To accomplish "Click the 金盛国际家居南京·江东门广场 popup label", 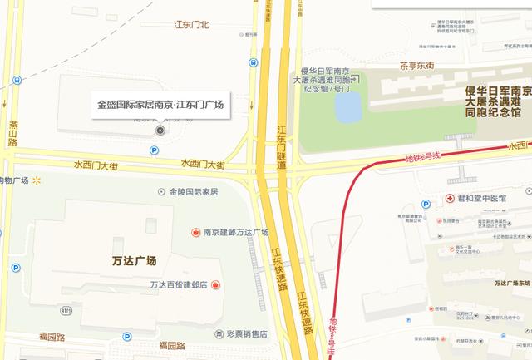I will pos(160,106).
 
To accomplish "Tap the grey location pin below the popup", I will pos(160,131).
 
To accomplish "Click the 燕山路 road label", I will pos(12,131).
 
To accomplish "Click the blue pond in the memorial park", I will pos(347,107).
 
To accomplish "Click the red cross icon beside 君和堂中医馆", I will pos(450,200).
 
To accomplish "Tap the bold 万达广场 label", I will pos(134,261).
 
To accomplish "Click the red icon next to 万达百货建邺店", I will pos(215,285).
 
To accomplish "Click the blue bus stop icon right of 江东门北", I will pos(253,62).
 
